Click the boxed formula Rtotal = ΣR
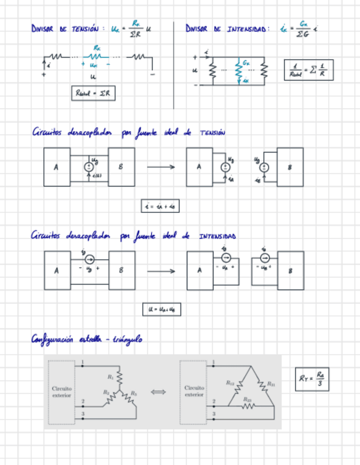click(93, 94)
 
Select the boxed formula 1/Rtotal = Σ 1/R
click(309, 70)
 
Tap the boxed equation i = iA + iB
click(160, 206)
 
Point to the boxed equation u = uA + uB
click(161, 309)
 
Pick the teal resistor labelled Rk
click(97, 56)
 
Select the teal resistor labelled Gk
click(239, 70)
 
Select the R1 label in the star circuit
click(111, 377)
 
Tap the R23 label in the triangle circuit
click(247, 400)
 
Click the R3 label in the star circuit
click(133, 393)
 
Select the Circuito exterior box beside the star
click(61, 392)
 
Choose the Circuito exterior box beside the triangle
click(194, 392)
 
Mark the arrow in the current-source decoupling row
click(161, 270)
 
